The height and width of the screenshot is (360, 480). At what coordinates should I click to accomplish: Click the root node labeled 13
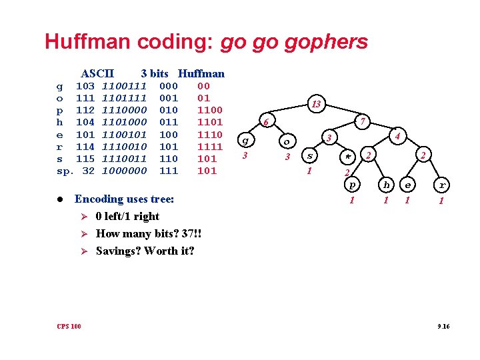click(316, 104)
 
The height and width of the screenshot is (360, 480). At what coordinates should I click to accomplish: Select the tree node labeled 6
click(265, 123)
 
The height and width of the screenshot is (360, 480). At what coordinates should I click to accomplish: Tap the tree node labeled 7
click(362, 121)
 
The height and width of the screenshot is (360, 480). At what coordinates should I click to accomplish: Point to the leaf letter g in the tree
click(246, 141)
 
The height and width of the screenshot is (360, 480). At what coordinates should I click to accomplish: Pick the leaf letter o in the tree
click(287, 141)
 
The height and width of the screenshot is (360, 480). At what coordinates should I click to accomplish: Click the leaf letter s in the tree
click(309, 156)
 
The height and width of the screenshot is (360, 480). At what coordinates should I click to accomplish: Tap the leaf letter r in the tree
click(441, 185)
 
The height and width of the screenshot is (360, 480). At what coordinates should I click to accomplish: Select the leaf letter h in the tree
click(386, 185)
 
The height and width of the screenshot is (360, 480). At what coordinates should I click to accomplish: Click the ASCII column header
click(97, 73)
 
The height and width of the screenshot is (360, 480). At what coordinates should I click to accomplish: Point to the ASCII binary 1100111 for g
click(124, 86)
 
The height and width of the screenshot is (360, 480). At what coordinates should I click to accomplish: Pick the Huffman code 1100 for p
click(210, 110)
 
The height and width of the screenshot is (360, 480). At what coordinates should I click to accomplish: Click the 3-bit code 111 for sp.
click(169, 171)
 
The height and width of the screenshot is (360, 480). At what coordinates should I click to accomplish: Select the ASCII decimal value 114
click(85, 147)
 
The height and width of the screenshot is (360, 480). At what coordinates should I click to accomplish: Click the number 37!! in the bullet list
click(190, 233)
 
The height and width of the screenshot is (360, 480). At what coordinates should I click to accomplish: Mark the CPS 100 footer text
click(69, 326)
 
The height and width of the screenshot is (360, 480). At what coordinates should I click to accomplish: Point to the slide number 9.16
click(443, 326)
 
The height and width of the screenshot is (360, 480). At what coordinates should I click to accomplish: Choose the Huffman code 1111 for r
click(210, 147)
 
